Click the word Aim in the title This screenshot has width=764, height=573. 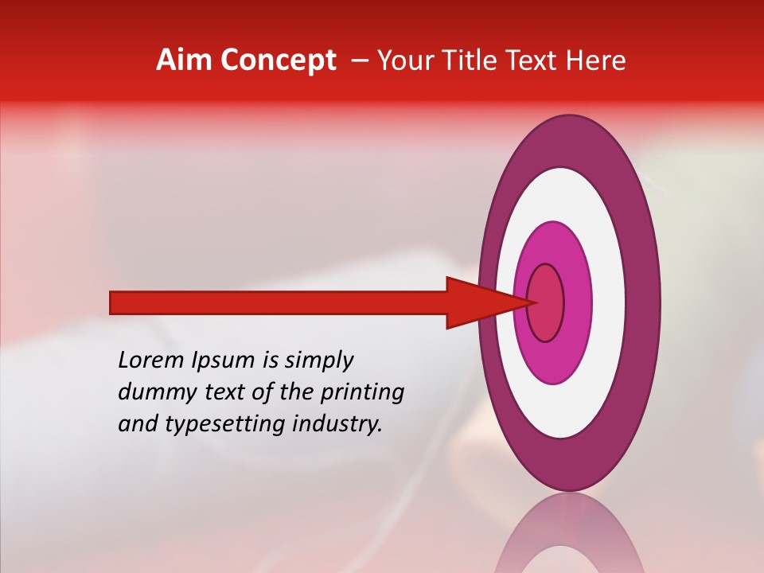[185, 60]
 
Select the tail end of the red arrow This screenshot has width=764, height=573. [113, 302]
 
